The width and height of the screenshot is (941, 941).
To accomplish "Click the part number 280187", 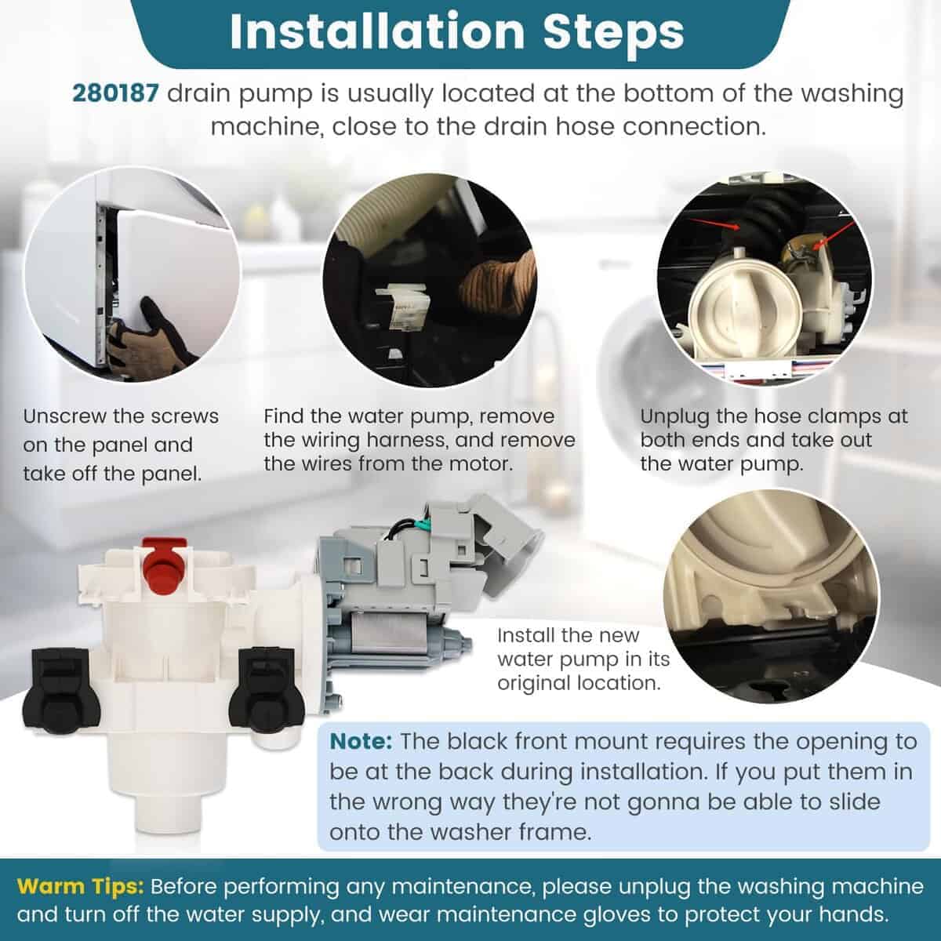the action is pyautogui.click(x=115, y=93).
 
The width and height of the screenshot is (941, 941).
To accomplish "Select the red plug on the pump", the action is pyautogui.click(x=165, y=565).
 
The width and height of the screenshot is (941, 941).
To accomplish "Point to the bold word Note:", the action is pyautogui.click(x=361, y=741).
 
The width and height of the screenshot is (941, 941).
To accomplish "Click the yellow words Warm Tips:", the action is pyautogui.click(x=81, y=886).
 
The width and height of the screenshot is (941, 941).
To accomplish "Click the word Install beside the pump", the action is pyautogui.click(x=524, y=635).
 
